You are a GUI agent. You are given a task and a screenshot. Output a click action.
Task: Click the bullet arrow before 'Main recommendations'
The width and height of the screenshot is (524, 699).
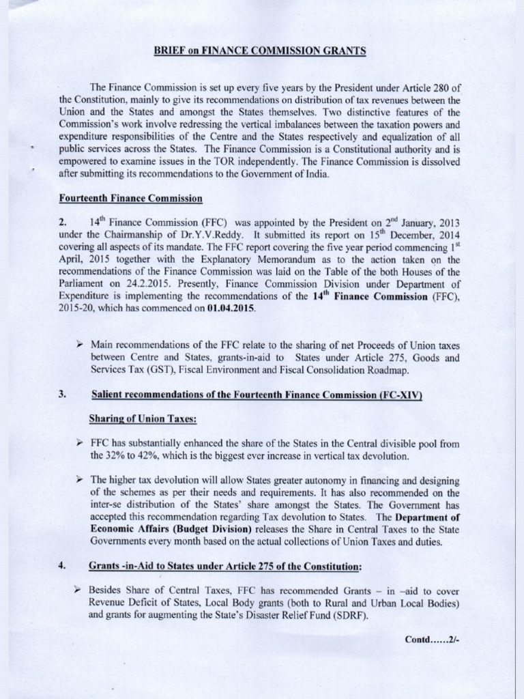81,344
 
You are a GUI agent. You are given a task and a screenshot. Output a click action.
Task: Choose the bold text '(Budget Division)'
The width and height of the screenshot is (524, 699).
215,530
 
